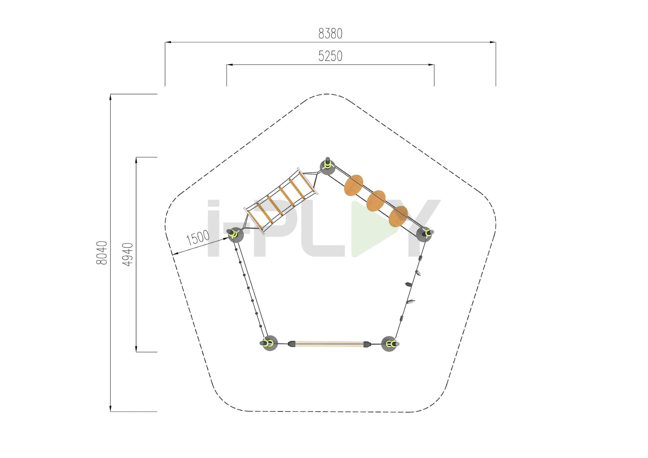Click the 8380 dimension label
(x=330, y=34)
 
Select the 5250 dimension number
(x=330, y=56)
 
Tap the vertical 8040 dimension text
(x=102, y=253)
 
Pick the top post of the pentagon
(x=328, y=166)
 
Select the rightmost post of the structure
(x=425, y=234)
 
